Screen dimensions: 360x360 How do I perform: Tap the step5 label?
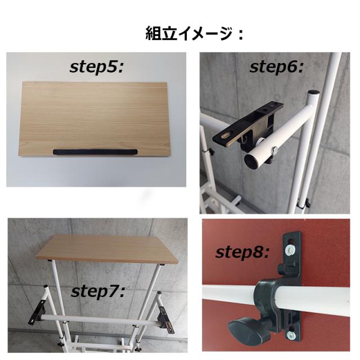pyautogui.click(x=96, y=67)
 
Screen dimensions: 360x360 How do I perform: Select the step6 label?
pyautogui.click(x=276, y=67)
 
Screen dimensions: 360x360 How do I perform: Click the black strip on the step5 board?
pyautogui.click(x=96, y=152)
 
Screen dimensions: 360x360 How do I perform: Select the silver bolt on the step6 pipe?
pyautogui.click(x=276, y=150)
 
